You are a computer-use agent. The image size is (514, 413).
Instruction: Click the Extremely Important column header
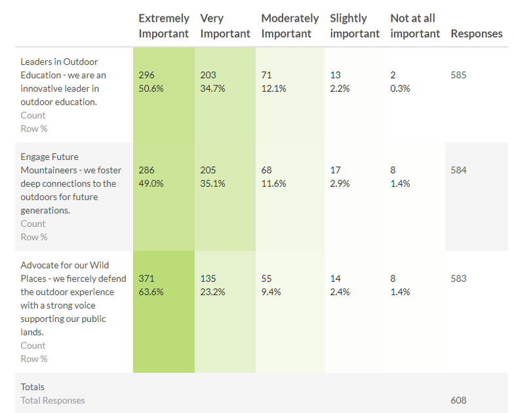(x=164, y=26)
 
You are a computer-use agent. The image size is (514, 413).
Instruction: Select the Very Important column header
(x=225, y=26)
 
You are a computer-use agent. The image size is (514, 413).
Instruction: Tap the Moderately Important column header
(x=290, y=26)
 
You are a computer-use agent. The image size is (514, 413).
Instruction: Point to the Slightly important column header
(x=355, y=26)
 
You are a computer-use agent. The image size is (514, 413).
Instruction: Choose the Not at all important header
(x=415, y=26)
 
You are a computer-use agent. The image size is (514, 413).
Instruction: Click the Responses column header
(x=477, y=33)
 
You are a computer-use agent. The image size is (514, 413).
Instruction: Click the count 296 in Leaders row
(x=147, y=75)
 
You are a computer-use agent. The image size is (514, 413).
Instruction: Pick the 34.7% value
(x=212, y=88)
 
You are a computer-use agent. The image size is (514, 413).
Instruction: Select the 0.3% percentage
(x=400, y=88)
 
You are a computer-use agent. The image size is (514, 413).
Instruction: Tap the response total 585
(x=459, y=75)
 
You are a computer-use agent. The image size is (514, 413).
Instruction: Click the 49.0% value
(x=151, y=184)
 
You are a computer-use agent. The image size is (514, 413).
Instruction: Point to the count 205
(x=208, y=170)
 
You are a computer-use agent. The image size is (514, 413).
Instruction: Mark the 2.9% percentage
(x=340, y=184)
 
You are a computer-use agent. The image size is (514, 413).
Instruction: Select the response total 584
(x=459, y=170)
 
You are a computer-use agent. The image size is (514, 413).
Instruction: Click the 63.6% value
(x=151, y=292)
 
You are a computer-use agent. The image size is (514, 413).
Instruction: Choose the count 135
(x=208, y=279)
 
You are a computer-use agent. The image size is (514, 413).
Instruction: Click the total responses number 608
(x=459, y=400)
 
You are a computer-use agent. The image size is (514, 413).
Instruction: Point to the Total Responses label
(x=52, y=400)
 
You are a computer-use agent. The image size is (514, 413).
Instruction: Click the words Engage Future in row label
(x=49, y=157)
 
